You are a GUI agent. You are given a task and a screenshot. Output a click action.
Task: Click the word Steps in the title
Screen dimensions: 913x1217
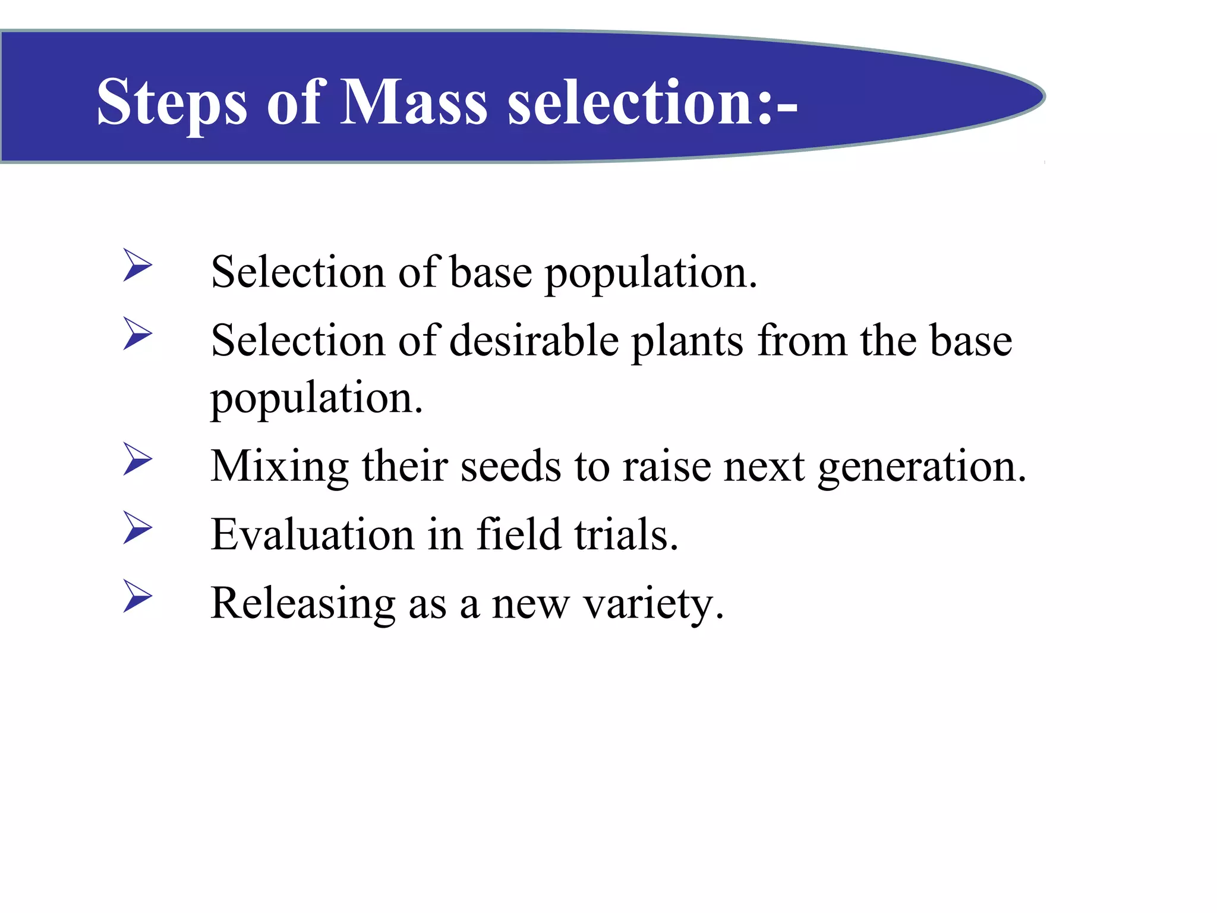(x=172, y=102)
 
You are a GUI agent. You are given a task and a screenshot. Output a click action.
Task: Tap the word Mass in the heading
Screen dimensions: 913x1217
(x=412, y=102)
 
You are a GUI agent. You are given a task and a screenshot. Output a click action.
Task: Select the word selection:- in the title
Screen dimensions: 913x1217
(x=652, y=102)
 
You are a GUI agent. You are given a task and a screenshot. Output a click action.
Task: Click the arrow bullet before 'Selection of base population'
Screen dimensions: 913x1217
(x=138, y=265)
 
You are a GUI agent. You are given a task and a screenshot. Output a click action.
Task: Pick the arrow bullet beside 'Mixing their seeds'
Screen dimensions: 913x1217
(x=138, y=459)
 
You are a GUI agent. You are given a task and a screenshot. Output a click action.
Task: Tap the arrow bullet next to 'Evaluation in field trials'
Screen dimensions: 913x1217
(x=138, y=527)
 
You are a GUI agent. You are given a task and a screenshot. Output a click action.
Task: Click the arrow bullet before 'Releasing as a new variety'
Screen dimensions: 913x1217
(x=138, y=596)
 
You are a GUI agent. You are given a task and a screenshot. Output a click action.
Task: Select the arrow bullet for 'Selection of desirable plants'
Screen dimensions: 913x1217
(x=138, y=333)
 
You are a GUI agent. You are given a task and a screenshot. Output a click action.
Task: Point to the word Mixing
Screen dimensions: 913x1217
(x=279, y=467)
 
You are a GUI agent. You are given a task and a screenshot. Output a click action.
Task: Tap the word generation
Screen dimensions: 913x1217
(x=922, y=467)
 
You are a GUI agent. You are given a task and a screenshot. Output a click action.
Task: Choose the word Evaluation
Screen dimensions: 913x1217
(x=312, y=534)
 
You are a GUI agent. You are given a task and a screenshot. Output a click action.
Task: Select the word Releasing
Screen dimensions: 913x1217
(x=303, y=603)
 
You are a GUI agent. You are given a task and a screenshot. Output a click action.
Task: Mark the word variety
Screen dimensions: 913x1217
(x=653, y=603)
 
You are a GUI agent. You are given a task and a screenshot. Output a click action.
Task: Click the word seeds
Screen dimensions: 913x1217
(x=510, y=467)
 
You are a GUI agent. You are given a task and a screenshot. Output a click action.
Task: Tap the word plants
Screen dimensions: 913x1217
(x=686, y=342)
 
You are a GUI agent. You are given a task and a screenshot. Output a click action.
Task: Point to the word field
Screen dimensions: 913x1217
(x=519, y=534)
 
